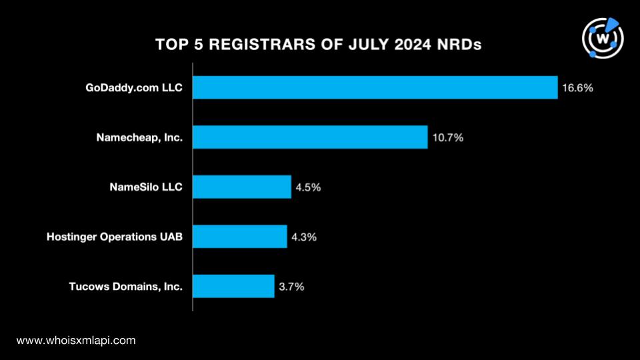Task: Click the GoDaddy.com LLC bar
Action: click(x=375, y=87)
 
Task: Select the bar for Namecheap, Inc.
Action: click(x=310, y=137)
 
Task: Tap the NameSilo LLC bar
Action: click(x=242, y=187)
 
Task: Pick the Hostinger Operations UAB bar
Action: click(x=239, y=236)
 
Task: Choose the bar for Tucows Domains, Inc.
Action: click(x=233, y=286)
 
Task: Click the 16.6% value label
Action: click(x=577, y=88)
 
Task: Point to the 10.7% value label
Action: click(x=448, y=137)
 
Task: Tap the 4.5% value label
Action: click(x=308, y=187)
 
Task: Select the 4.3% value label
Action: click(x=304, y=237)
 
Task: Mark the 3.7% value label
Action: click(x=291, y=287)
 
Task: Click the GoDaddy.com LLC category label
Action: click(x=134, y=88)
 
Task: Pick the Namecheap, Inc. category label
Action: click(x=139, y=137)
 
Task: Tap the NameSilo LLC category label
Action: click(x=146, y=187)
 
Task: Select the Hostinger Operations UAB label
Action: click(x=114, y=237)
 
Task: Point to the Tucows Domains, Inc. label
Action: click(x=126, y=287)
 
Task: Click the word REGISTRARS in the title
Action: click(x=263, y=45)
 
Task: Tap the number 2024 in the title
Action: click(x=412, y=45)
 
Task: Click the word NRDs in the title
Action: click(x=459, y=45)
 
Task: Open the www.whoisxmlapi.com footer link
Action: click(x=76, y=341)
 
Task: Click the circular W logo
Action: click(x=603, y=38)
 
